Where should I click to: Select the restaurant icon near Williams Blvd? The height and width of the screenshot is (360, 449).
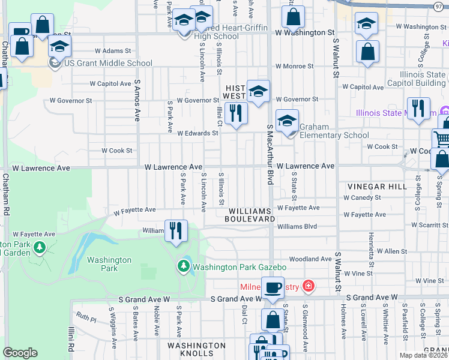coord(176,231)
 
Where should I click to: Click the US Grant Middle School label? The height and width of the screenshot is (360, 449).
coord(108,63)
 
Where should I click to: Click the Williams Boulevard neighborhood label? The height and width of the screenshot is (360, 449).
coord(249,215)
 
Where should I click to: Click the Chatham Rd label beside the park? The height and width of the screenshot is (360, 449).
coord(5,195)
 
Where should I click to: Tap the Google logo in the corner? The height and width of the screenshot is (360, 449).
coord(20,353)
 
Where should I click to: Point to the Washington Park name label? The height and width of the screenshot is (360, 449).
coord(109,264)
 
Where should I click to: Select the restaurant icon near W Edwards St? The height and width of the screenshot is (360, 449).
coord(236,113)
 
